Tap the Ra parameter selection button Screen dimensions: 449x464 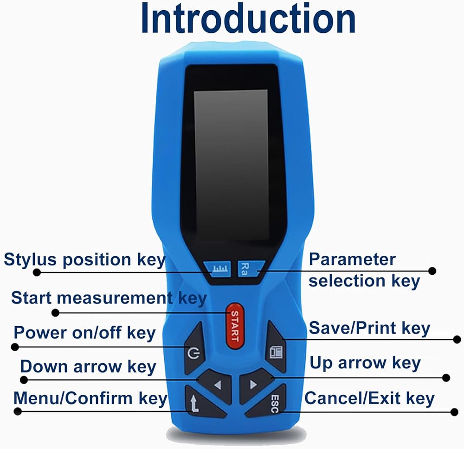[245, 268]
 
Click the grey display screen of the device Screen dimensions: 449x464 [231, 164]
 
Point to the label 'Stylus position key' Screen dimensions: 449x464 [84, 259]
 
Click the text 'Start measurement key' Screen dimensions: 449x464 [109, 298]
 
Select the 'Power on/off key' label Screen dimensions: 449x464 [84, 333]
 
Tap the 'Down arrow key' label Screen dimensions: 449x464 [88, 367]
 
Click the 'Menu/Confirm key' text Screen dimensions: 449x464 [90, 398]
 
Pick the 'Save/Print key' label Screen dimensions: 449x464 [369, 329]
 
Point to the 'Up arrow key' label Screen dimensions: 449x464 [365, 363]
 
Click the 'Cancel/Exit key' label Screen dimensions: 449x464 [369, 398]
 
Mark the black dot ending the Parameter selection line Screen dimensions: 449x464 [432, 271]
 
